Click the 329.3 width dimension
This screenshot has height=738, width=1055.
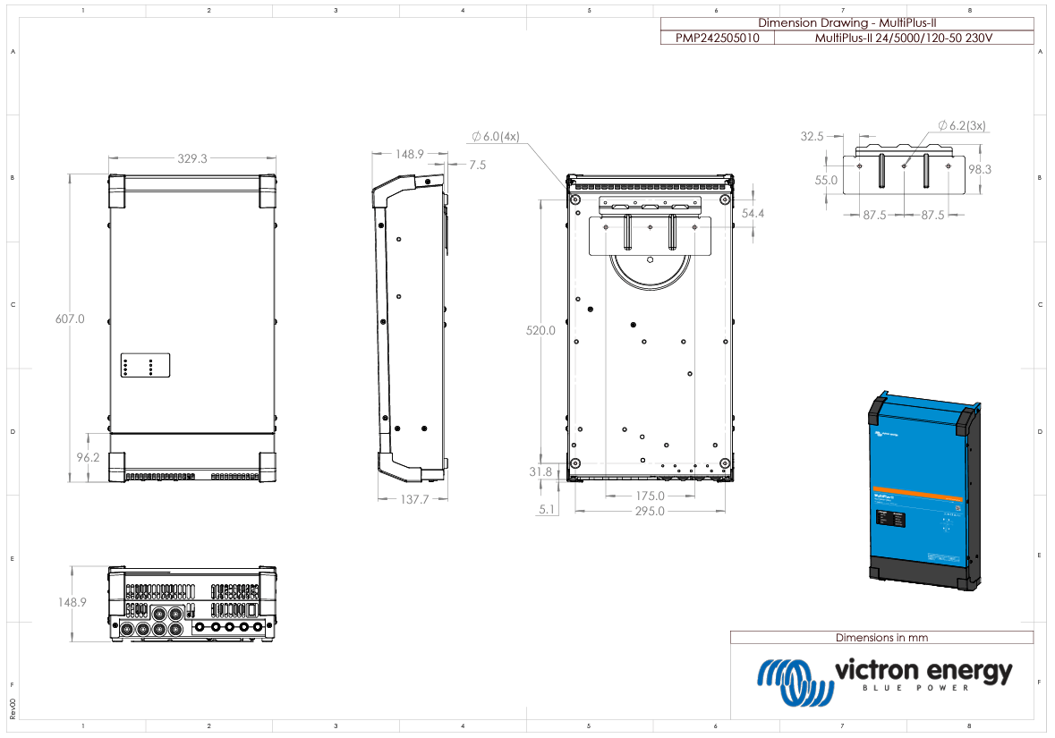192,158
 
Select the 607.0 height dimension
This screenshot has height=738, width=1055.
69,318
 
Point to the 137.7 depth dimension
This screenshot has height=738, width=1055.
414,499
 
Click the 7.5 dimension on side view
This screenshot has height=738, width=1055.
477,165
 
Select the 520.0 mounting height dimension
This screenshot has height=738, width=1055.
540,330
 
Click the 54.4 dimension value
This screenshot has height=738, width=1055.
753,214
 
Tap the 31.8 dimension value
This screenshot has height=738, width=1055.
540,471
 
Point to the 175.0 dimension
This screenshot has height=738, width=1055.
650,496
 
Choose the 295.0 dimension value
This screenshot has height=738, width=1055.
650,511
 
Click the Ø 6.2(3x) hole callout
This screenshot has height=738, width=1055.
962,126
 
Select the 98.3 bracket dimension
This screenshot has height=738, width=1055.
980,169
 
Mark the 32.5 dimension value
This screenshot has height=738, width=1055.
812,137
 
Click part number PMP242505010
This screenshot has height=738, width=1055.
717,38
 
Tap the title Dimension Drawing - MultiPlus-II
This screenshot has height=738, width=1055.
847,23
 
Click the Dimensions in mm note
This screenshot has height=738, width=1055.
881,638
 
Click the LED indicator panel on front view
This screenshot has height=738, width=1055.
144,366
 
